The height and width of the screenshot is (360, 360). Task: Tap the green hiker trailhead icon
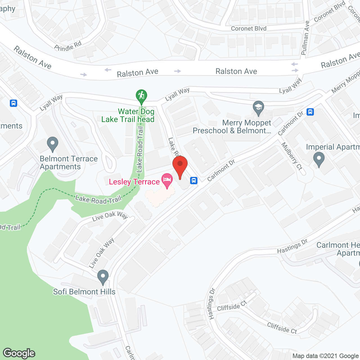tap(141, 96)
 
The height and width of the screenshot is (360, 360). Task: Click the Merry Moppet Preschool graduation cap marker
tap(258, 108)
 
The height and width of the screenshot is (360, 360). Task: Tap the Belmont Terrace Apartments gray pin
tap(52, 144)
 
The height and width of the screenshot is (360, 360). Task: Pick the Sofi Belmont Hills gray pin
tap(103, 277)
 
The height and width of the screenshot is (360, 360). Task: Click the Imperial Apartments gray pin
tap(319, 159)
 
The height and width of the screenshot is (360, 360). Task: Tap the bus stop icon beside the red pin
tap(194, 180)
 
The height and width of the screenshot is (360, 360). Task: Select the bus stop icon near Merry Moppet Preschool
tap(310, 112)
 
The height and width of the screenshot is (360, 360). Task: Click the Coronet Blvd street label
tap(249, 28)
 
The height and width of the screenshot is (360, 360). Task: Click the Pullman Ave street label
tap(305, 38)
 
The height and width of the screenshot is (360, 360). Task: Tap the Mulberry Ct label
tap(292, 156)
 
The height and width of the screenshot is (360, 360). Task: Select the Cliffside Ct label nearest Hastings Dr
tap(232, 306)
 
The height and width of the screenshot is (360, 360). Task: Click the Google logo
tap(19, 353)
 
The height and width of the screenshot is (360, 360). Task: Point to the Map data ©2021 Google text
tap(326, 356)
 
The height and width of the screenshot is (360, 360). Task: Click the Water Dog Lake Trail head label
tap(128, 116)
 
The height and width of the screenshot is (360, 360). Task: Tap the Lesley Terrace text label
tap(134, 182)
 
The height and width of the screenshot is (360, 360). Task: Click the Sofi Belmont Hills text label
tap(84, 292)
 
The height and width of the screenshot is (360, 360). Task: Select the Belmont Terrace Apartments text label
tap(69, 163)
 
